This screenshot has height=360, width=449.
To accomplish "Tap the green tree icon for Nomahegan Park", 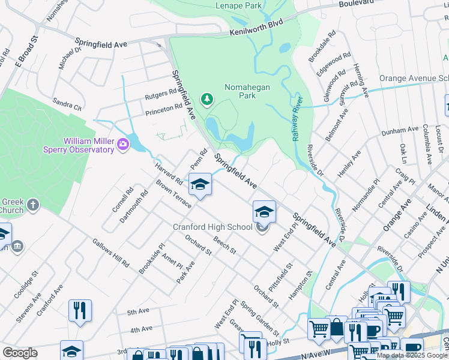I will click(207, 98).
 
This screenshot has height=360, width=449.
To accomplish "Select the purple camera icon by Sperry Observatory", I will click(124, 144).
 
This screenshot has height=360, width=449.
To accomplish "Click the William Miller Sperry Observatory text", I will click(80, 145).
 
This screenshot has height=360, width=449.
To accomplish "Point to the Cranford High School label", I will click(212, 227).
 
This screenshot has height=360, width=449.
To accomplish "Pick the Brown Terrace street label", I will click(173, 194).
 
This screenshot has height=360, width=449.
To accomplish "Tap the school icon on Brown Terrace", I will click(200, 184).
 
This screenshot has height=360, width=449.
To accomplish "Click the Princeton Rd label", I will click(162, 108).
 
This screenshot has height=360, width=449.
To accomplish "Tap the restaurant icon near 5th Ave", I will click(80, 310).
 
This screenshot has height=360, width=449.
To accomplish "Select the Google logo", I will click(20, 353).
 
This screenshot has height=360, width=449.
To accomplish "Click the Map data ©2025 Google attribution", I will click(412, 355).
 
